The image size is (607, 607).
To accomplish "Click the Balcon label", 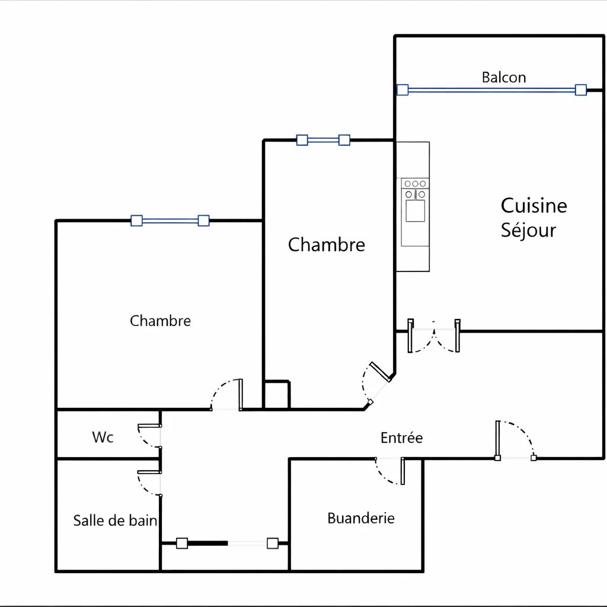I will click(x=503, y=77).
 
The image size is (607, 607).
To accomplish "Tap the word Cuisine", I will click(x=533, y=206).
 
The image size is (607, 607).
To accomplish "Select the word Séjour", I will click(x=528, y=230).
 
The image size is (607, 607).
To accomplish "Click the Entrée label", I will click(x=401, y=438).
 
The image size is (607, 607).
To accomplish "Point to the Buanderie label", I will click(x=361, y=518).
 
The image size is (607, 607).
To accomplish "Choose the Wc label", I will click(x=103, y=437).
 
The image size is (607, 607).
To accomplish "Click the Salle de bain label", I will click(x=115, y=520).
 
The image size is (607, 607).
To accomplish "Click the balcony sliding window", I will click(x=491, y=90).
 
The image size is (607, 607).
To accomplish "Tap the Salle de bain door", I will click(x=149, y=482).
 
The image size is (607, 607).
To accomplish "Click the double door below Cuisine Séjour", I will click(x=434, y=337).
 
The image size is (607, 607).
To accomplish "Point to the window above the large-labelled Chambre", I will click(x=323, y=140).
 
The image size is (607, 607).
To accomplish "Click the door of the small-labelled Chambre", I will click(x=228, y=395).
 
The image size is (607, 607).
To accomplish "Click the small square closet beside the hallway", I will click(x=276, y=395).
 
